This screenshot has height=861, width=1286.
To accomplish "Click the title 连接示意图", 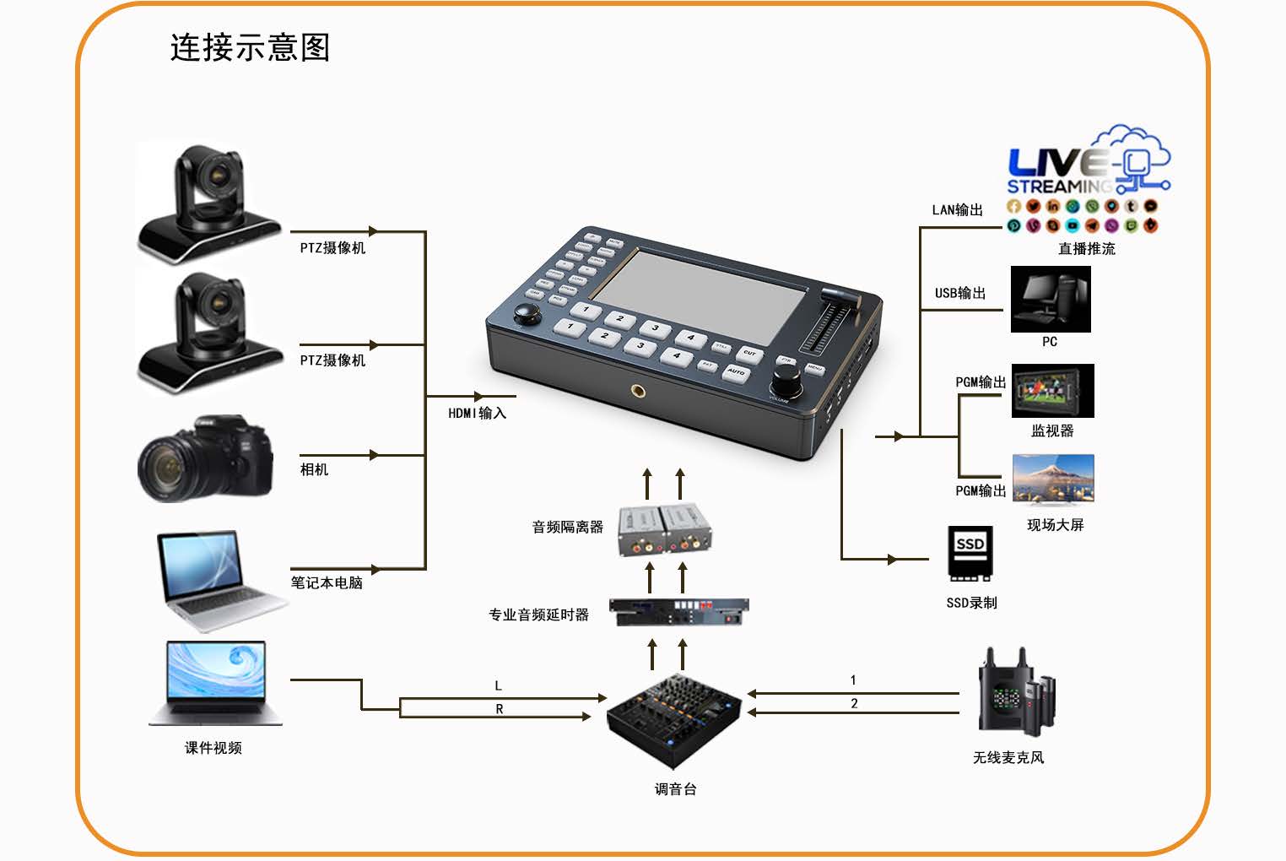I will [250, 48].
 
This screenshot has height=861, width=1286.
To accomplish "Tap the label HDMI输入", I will [477, 413].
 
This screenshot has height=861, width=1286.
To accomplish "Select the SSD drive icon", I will [970, 554].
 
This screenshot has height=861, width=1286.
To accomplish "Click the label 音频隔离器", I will [567, 527].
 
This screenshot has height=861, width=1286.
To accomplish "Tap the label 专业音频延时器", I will [538, 615].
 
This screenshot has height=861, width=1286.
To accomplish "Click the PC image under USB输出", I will [1051, 300].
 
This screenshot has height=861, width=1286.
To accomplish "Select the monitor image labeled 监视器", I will [1052, 391].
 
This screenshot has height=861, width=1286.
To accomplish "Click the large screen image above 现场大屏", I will [1053, 479].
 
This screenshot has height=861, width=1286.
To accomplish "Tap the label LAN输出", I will [958, 210].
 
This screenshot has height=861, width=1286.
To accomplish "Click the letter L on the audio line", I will [498, 685].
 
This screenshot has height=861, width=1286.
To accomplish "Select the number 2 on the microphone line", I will [854, 703].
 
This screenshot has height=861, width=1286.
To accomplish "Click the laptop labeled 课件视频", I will [217, 683].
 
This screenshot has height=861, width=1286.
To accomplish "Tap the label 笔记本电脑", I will [327, 582].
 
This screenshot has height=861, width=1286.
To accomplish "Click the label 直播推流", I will [1087, 249].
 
